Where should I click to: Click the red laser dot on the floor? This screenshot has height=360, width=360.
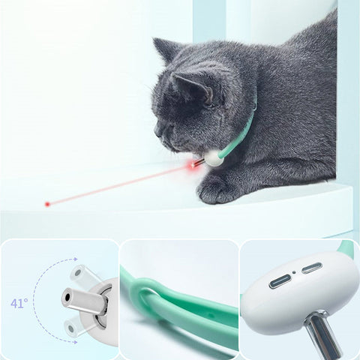click(47, 204)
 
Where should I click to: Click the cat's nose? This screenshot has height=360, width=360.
click(155, 132)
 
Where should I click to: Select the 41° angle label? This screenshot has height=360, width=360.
click(19, 304)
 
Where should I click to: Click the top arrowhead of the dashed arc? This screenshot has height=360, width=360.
click(75, 259)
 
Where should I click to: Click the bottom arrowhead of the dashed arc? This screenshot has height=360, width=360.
click(75, 342)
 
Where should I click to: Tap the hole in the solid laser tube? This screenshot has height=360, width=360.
click(67, 297)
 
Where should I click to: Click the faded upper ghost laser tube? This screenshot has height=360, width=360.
click(84, 275)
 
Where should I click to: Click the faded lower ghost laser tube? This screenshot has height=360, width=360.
click(79, 328)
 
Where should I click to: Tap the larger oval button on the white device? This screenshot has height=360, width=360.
click(280, 281)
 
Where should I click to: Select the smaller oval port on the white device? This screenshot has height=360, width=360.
click(311, 268)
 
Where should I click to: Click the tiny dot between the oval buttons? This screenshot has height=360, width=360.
click(294, 272)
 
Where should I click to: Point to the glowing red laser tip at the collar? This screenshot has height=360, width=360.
click(191, 166)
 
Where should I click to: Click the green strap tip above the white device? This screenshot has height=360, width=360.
click(348, 248)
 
